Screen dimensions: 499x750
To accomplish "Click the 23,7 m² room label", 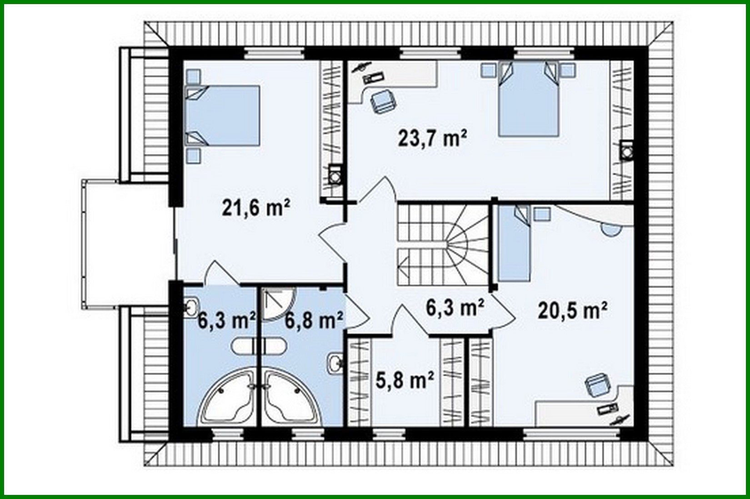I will tap(432, 139).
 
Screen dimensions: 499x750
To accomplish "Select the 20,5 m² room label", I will tap(572, 311).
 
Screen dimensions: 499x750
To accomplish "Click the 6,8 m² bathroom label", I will tap(313, 321).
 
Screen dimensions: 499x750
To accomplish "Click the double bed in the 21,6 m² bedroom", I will tap(223, 115).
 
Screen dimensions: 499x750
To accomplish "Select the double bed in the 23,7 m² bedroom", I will tap(529, 99).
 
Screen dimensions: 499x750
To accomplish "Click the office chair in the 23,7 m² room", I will tap(383, 101).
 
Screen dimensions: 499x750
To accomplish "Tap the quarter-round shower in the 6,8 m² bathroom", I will tap(277, 304).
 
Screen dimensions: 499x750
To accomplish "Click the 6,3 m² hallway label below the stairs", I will tap(454, 308).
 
